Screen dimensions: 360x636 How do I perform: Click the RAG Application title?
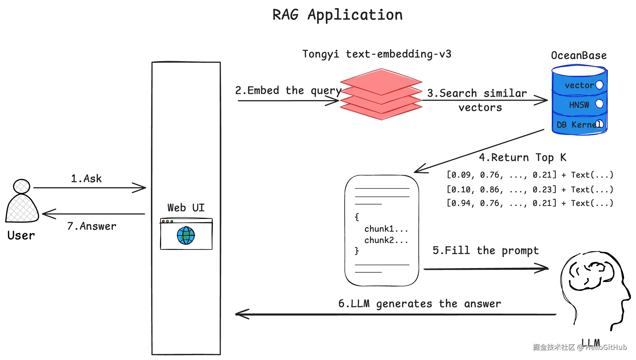tap(338, 15)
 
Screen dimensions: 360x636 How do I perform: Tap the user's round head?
tap(21, 186)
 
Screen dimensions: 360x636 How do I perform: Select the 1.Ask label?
tap(86, 179)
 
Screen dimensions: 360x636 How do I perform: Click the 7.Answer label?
tap(92, 226)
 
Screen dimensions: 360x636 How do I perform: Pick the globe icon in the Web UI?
tap(186, 235)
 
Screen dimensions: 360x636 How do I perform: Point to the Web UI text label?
tap(186, 208)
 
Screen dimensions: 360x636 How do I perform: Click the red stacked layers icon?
tap(381, 94)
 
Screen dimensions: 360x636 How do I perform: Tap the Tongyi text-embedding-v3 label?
tap(377, 54)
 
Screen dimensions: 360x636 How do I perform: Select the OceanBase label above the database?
tap(579, 56)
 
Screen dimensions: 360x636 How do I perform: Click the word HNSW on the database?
tap(579, 105)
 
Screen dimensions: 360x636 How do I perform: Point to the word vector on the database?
tap(579, 85)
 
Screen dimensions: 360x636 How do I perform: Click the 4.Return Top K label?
tap(522, 158)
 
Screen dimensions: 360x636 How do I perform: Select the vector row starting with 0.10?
tap(530, 189)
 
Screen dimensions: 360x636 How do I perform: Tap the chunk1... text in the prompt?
tap(386, 229)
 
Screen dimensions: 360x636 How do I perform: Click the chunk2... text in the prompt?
tap(386, 240)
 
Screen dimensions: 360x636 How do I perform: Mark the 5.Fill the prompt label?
tap(486, 251)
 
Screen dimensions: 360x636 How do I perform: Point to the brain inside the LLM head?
tap(591, 276)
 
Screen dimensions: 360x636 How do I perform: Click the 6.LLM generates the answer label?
tap(419, 304)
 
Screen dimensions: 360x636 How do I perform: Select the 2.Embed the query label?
tap(288, 91)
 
